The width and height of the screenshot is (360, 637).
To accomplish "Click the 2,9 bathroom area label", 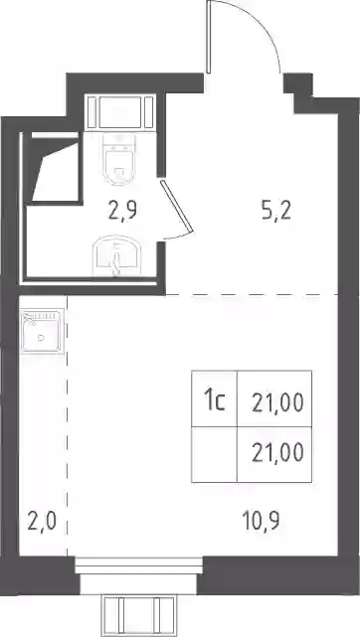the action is coord(122,212).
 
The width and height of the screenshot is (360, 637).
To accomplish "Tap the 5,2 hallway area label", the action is coord(276,212).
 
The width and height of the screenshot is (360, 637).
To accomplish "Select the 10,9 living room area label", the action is coord(261,521).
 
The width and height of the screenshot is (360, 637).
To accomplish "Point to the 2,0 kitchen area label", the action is coord(42,522).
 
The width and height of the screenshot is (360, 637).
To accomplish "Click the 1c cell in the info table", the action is coord(215,398).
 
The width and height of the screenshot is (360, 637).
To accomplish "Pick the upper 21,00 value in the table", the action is coord(277,403).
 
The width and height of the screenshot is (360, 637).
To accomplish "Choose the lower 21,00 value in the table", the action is coord(277,453).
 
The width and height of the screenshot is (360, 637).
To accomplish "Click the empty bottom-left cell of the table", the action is coord(215,454).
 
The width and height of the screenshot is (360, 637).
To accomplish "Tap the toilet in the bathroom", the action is coord(119,159).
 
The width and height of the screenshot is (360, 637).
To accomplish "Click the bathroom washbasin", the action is coord(117,256).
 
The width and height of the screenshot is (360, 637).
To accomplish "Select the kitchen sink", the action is coord(43,332).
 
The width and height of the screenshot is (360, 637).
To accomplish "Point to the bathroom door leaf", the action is coord(176,207).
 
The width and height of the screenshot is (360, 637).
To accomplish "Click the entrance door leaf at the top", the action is coord(209,37).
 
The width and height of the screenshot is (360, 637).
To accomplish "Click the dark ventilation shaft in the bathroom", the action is coord(53,169).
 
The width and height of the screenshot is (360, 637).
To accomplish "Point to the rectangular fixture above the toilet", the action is coord(120,112).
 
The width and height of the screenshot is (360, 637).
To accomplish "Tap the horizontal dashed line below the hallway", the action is coord(252,294).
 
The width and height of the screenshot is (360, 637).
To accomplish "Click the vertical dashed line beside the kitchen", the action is coord(67,425).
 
